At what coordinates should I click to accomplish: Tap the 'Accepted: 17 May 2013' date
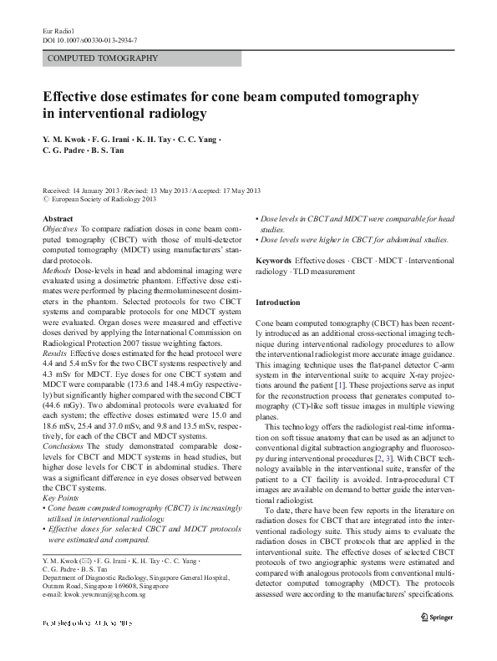(226, 191)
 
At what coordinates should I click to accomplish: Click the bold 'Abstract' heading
(58, 218)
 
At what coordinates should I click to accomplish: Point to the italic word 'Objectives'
(59, 228)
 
